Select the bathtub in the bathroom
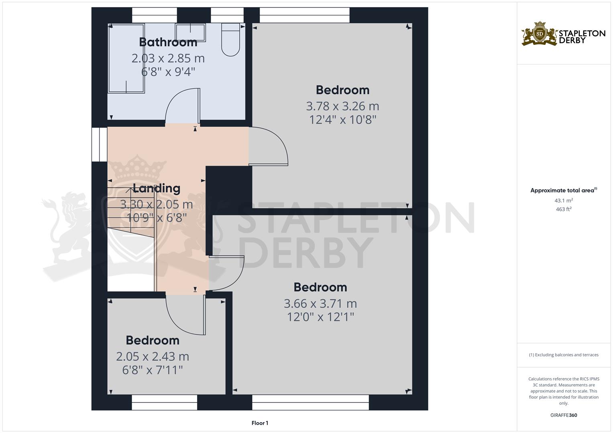(126, 59)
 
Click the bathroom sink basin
(190, 32)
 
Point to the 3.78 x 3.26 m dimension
(342, 106)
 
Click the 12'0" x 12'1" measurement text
(320, 317)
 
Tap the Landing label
(157, 188)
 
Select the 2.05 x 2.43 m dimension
(153, 356)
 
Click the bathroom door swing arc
(183, 106)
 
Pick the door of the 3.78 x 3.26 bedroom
(269, 147)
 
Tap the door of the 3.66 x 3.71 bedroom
(227, 273)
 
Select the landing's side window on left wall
(99, 144)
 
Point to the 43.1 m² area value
(564, 200)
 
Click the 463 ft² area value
(564, 209)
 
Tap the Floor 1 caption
(260, 423)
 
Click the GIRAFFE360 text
(564, 415)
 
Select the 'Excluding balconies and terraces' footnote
(564, 355)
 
